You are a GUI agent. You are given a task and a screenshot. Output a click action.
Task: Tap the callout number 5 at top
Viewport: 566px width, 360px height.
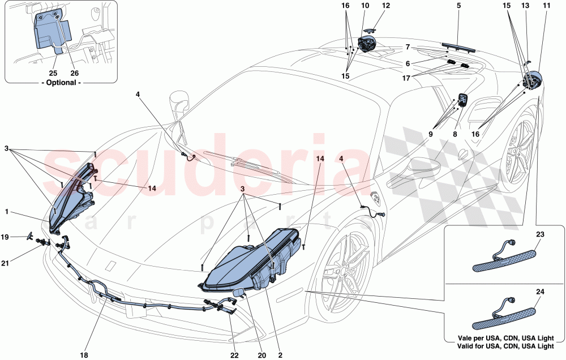pyautogui.click(x=458, y=6)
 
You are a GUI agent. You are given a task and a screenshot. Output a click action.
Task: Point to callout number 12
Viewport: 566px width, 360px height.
pyautogui.click(x=386, y=6)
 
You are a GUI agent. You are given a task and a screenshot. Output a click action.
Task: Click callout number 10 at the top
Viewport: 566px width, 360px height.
pyautogui.click(x=365, y=6)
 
